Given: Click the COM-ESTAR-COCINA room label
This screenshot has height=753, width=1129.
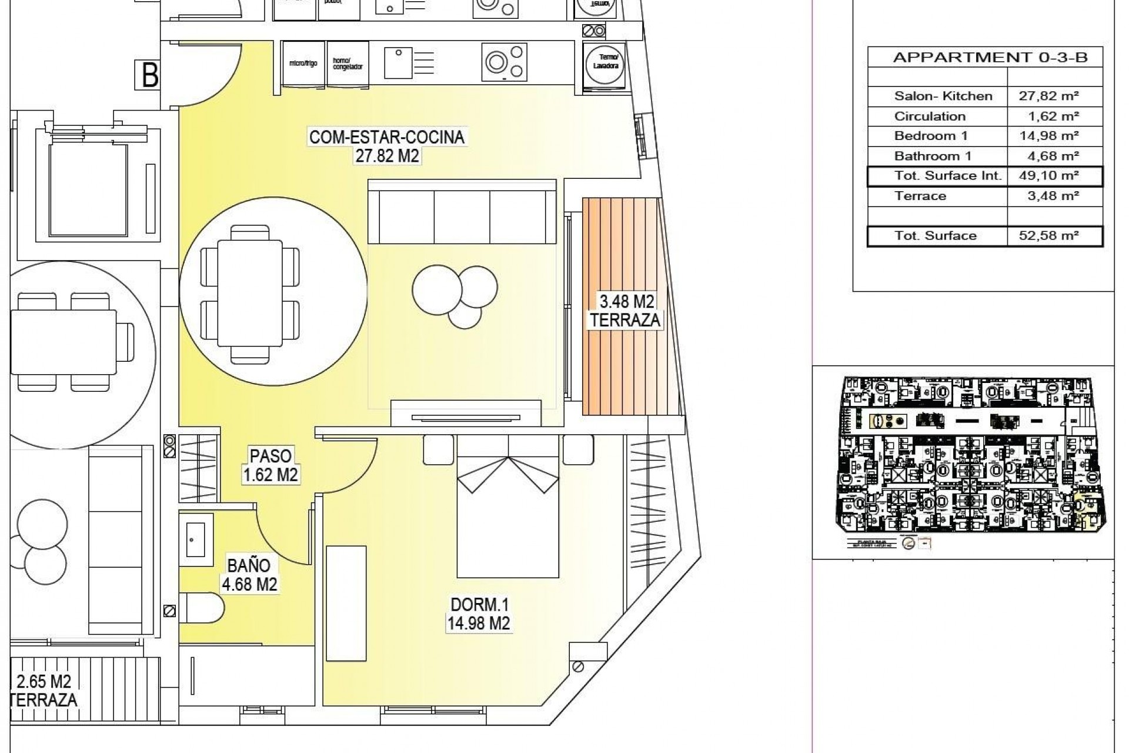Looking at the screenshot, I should [386, 146].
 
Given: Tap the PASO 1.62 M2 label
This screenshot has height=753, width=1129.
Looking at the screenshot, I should [270, 465].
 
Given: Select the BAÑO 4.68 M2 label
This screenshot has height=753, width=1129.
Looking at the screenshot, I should [249, 575].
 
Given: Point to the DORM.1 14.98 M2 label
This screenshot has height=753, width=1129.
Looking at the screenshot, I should [479, 614].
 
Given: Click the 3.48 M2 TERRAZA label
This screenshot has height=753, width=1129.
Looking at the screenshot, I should [626, 311].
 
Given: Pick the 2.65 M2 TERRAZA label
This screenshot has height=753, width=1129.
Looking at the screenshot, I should [44, 690].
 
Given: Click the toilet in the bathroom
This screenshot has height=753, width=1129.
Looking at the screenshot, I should [201, 607].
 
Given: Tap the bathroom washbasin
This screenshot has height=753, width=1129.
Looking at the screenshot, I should [194, 539].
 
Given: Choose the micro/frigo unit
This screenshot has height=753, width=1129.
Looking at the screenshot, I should [303, 63].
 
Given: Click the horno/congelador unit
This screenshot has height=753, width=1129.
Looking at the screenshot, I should [348, 63].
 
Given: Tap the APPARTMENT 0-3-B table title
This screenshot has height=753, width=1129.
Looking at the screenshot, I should [990, 57].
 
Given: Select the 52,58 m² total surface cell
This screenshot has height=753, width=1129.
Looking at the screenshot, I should [1050, 236].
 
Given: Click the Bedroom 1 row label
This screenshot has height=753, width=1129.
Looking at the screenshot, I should [931, 136].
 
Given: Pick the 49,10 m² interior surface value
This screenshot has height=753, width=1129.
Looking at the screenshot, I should [1050, 175].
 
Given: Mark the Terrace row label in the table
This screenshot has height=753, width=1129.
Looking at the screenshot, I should [920, 196].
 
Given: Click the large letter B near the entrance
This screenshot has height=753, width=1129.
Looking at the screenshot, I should [149, 75].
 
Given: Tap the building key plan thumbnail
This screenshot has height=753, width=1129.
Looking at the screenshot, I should [963, 459].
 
